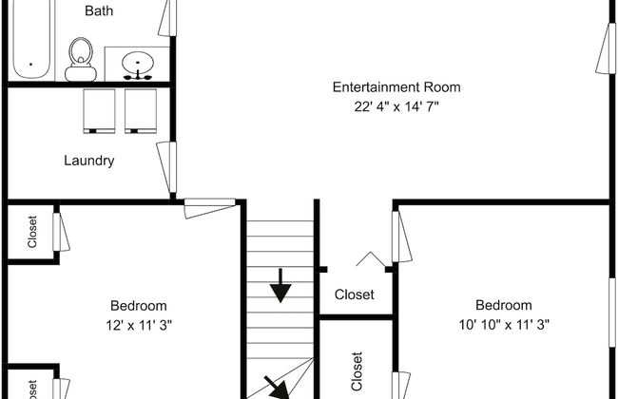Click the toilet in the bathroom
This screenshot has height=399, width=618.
point(81,60)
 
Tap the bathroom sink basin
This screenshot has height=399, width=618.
point(137,63)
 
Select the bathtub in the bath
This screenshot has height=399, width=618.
point(31,39)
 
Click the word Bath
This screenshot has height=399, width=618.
point(99,10)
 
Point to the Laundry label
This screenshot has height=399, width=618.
point(89,161)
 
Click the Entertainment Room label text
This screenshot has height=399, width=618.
point(396,87)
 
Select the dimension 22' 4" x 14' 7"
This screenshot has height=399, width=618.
point(396,106)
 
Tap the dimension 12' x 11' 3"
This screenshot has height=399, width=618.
point(139,325)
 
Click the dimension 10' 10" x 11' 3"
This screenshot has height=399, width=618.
point(504,325)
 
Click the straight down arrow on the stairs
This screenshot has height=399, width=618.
point(280,286)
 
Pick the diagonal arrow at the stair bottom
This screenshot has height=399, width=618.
point(277,388)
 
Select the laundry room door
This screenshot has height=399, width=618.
point(166,167)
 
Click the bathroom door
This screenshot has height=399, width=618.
point(167,18)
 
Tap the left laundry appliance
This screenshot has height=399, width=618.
point(99,111)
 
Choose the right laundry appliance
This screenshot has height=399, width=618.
point(141,111)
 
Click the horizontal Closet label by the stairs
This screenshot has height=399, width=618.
point(355,294)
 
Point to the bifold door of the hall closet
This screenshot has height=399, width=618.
point(371,258)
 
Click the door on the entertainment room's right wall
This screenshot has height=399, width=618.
point(606,48)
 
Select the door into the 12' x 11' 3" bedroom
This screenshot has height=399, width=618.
point(210,208)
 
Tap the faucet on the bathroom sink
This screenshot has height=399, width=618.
point(138,75)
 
